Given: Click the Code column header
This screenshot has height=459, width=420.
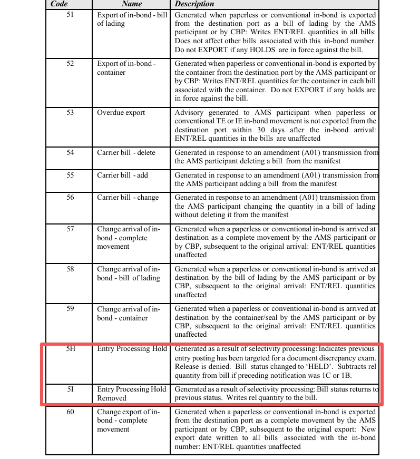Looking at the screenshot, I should click(59, 4).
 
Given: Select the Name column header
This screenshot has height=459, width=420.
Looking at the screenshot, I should click(131, 4).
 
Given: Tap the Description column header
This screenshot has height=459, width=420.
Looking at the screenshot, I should click(194, 4).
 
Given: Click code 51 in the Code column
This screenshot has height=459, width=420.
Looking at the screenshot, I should click(70, 15).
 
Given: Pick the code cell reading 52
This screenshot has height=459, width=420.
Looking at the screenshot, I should click(70, 63).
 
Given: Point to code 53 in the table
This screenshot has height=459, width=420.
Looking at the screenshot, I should click(70, 112).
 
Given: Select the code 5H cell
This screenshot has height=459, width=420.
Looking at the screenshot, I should click(70, 348).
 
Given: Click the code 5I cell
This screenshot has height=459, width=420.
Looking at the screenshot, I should click(70, 389).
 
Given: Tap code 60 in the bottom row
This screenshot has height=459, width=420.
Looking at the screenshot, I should click(70, 411).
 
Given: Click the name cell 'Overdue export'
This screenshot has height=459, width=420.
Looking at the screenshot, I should click(121, 112).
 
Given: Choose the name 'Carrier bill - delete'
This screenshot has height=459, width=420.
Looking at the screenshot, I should click(126, 152).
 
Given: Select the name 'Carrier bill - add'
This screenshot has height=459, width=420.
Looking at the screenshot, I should click(122, 175).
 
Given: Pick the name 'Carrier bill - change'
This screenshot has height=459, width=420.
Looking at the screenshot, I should click(128, 197).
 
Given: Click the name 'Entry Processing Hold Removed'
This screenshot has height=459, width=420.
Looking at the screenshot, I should click(131, 393).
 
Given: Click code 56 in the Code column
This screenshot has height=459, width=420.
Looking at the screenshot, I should click(70, 197).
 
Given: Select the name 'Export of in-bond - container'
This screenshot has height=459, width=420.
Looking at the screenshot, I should click(126, 68).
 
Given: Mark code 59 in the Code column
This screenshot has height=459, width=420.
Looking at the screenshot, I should click(70, 309).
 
